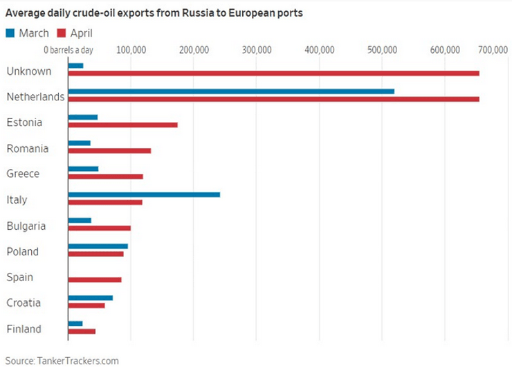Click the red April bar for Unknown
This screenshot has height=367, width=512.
(273, 73)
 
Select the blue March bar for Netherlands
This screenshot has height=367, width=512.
(231, 91)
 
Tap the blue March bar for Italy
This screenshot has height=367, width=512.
(144, 194)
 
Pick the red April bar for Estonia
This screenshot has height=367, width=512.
(122, 125)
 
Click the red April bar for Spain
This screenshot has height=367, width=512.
(95, 280)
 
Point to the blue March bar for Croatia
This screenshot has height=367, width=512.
(90, 298)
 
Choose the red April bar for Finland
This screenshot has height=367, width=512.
(82, 331)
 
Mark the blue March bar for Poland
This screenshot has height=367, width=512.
(98, 246)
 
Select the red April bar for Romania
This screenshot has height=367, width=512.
(109, 150)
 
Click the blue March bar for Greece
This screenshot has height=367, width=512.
(83, 168)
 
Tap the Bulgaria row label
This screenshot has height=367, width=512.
(26, 226)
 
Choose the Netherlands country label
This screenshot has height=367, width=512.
(35, 97)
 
